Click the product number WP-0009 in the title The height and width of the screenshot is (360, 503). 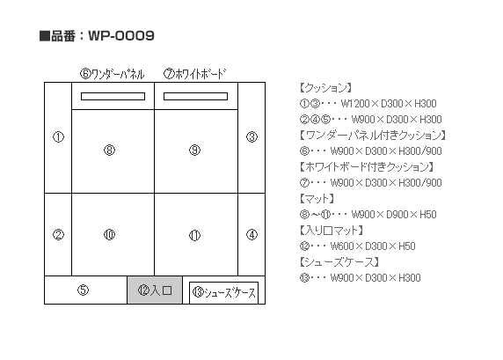click(x=121, y=35)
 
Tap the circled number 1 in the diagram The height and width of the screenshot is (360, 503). click(x=58, y=137)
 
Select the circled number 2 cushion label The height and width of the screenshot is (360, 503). click(x=58, y=235)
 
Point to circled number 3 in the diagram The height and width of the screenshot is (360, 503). click(x=251, y=137)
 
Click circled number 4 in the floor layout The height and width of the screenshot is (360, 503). click(x=251, y=235)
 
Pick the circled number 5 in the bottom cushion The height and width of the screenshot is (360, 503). click(x=83, y=290)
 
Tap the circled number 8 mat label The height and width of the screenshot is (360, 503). click(x=109, y=150)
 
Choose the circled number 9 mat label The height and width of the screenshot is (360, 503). click(x=194, y=150)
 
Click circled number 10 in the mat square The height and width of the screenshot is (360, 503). click(x=109, y=235)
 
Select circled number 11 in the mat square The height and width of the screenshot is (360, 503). click(x=194, y=235)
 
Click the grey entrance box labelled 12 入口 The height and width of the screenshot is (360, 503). click(x=155, y=290)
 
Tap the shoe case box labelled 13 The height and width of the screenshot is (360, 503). click(x=224, y=292)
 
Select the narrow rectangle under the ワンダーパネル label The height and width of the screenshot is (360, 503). click(x=113, y=96)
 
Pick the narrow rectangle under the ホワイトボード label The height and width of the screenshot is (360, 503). click(x=196, y=96)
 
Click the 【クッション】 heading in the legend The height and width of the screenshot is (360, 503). click(x=326, y=88)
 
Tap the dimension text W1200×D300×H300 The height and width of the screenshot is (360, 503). click(x=389, y=104)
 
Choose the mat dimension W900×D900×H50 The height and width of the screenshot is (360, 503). click(x=394, y=215)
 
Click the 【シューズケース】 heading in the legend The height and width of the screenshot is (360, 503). click(x=339, y=262)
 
